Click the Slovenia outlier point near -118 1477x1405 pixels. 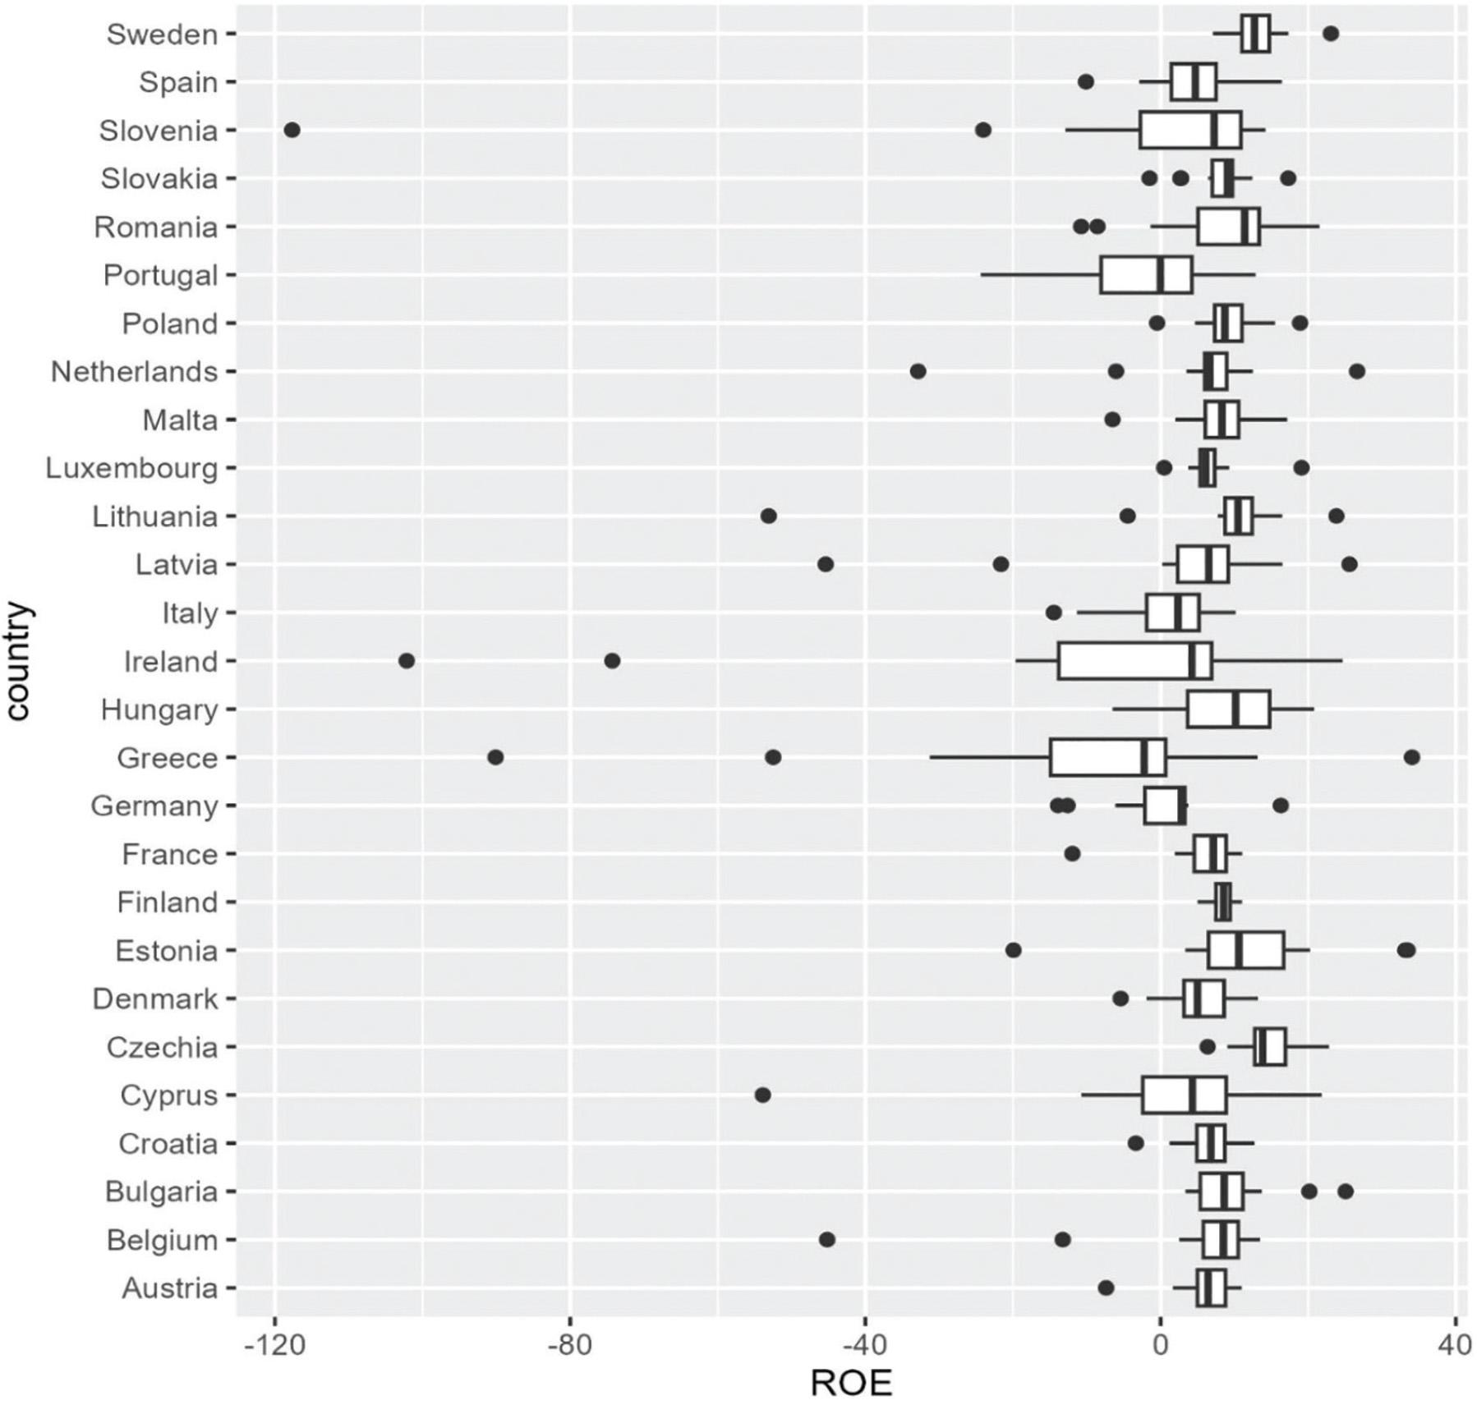tap(292, 130)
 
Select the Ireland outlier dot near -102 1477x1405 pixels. tap(407, 660)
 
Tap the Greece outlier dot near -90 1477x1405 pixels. tap(495, 757)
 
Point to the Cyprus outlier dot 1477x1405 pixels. tap(762, 1095)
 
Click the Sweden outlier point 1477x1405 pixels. tap(1331, 34)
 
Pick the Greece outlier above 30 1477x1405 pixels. tap(1411, 757)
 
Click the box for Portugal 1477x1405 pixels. tap(1146, 275)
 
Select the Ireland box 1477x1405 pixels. tap(1134, 661)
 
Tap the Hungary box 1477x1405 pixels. tap(1227, 709)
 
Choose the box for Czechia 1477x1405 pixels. tap(1269, 1047)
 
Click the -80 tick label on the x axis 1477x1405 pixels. tap(568, 1345)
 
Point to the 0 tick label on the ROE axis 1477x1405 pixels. tap(1160, 1345)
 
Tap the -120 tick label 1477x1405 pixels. tap(273, 1345)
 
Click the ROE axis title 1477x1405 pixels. tap(850, 1384)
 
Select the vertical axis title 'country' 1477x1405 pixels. tap(18, 661)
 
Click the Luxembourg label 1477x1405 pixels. tap(131, 468)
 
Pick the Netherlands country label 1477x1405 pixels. tap(134, 372)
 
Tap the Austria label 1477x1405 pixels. tap(169, 1288)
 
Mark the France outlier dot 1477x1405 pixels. tap(1072, 854)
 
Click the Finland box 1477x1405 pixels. tap(1222, 902)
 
